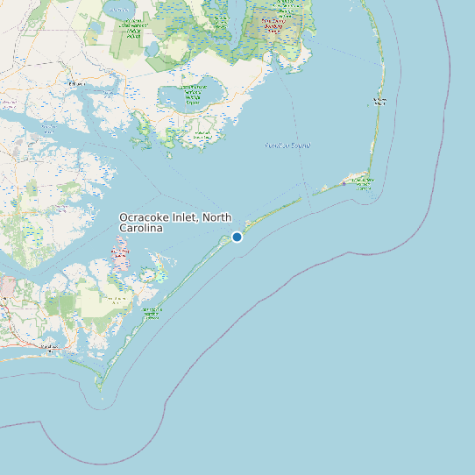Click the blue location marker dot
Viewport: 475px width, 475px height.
(237, 237)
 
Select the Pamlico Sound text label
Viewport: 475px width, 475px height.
(287, 145)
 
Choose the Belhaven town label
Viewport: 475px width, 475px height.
(78, 83)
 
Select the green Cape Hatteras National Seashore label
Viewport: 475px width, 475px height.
(362, 182)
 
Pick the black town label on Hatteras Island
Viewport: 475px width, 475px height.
(379, 102)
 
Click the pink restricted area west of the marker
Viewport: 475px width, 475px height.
(121, 259)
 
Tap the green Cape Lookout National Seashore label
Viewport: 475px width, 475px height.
(152, 312)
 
